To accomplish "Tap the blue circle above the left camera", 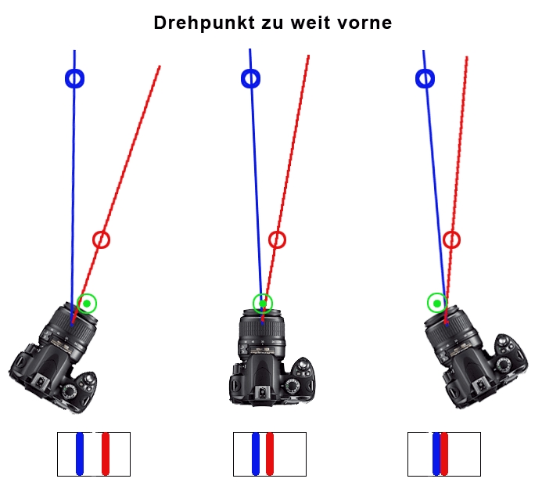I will [74, 78].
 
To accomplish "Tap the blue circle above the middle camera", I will [251, 78].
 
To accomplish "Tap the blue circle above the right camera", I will [425, 78].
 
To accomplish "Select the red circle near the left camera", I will [101, 239].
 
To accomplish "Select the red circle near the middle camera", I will [277, 239].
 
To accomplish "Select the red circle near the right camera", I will [451, 239].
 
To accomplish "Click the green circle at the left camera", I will [87, 304].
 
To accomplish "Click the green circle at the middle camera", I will [264, 303].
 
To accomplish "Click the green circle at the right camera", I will [436, 303].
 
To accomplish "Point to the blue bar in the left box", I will [79, 454].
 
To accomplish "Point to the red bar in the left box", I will [106, 454].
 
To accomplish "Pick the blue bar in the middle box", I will [256, 454].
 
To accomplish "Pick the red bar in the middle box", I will [271, 454].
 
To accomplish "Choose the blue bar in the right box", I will [436, 454].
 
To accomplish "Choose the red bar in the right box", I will [445, 454].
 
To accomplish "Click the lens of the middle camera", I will [264, 333].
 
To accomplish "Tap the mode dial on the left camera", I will [70, 390].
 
